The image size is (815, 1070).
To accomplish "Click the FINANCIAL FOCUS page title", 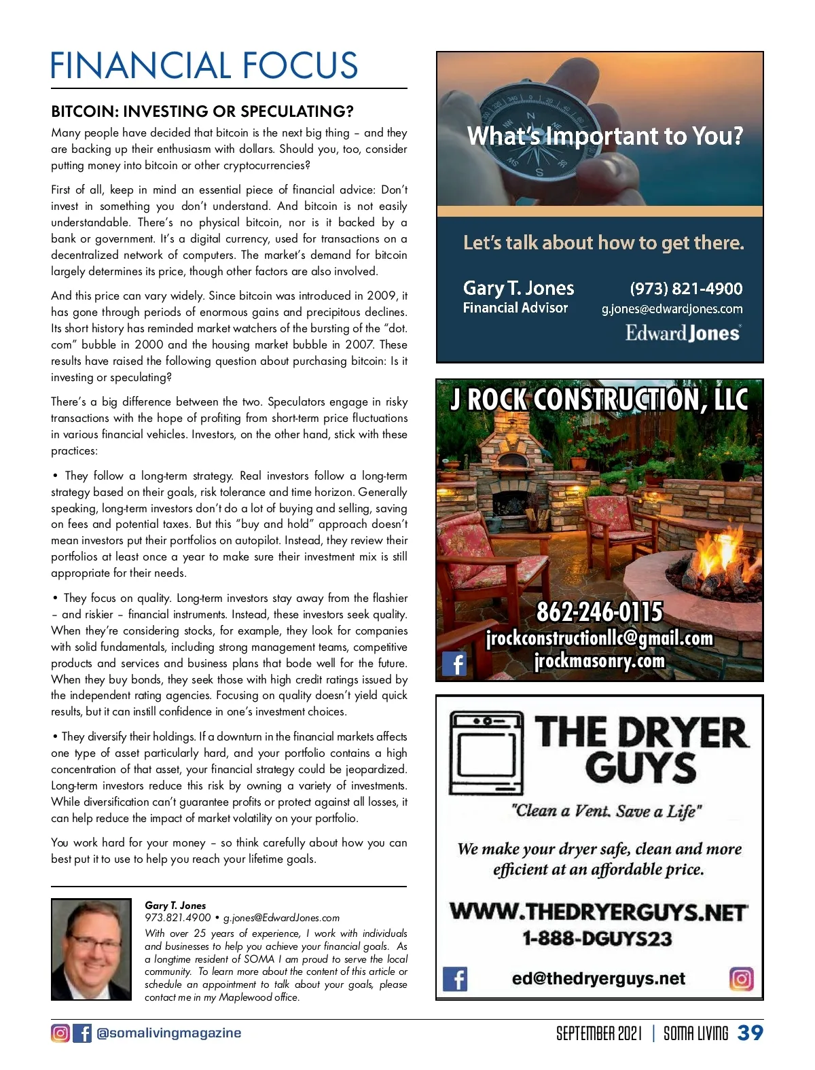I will pos(204,66).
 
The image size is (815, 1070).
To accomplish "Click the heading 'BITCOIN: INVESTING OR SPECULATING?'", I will pos(202,111).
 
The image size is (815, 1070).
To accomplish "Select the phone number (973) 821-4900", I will pos(686,289).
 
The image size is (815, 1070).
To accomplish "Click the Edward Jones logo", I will pos(682,333).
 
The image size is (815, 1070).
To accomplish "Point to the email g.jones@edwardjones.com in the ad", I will pos(672,309).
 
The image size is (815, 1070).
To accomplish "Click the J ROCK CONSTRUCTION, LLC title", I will pos(599,399).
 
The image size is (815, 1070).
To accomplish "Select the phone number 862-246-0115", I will pos(599,612).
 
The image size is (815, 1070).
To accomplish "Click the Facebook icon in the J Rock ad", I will pos(454,663).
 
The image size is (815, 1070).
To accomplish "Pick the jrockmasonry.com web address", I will pos(599,660).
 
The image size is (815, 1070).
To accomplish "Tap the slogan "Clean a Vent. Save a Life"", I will pos(606,810).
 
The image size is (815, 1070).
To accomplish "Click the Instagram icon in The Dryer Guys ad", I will pos(742,979).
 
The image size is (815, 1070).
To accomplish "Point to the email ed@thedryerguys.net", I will pos(598,979).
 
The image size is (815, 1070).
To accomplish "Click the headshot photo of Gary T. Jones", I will pos(91,949).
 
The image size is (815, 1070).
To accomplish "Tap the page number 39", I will pos(750,1033).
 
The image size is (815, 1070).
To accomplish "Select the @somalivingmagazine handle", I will pos(169,1033).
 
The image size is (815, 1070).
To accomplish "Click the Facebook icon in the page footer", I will pos(82,1033).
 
